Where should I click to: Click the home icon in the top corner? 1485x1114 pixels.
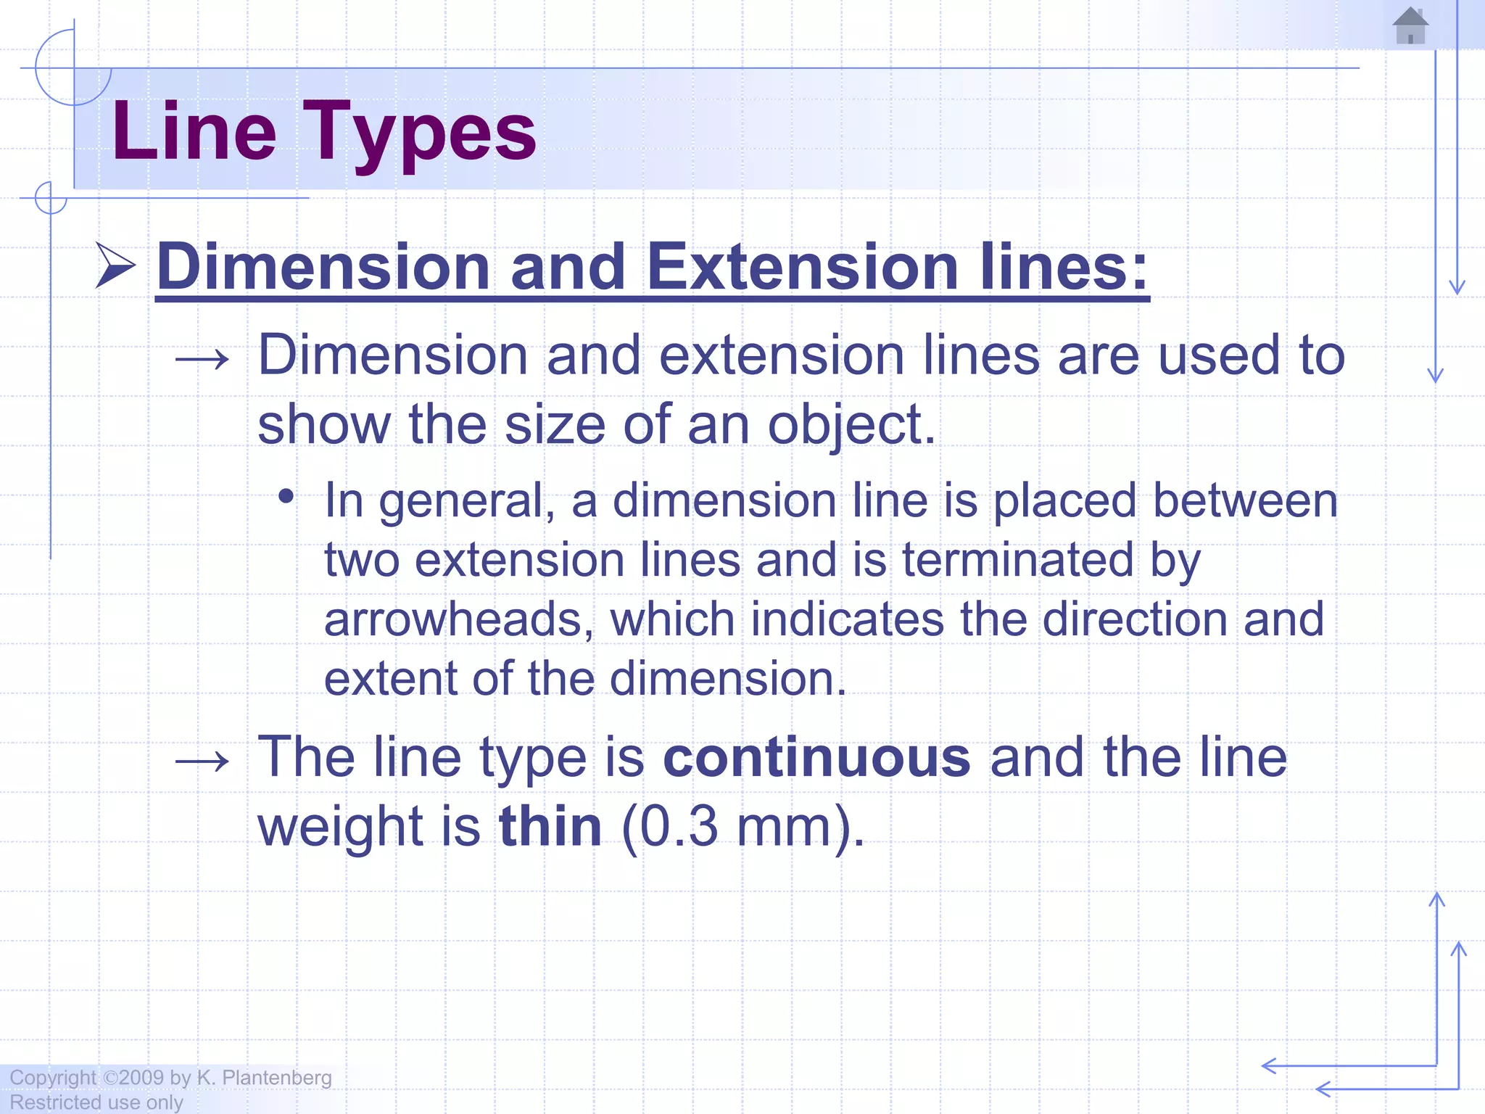pyautogui.click(x=1410, y=26)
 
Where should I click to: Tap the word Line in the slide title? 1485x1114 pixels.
pyautogui.click(x=194, y=132)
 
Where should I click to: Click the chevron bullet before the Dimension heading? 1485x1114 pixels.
pyautogui.click(x=115, y=265)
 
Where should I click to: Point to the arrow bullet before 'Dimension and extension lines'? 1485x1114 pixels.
pyautogui.click(x=202, y=358)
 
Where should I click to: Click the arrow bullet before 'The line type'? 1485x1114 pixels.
pyautogui.click(x=202, y=761)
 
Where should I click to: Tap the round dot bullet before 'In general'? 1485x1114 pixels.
pyautogui.click(x=286, y=497)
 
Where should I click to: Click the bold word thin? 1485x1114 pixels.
pyautogui.click(x=550, y=826)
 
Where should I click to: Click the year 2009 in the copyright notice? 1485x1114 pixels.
pyautogui.click(x=141, y=1077)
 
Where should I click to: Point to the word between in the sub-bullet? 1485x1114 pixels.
pyautogui.click(x=1245, y=500)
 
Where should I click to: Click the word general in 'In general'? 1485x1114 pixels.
pyautogui.click(x=461, y=502)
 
